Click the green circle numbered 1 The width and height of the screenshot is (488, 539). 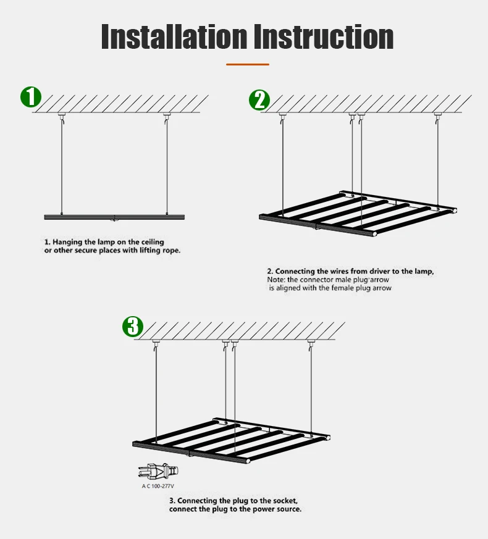[31, 97]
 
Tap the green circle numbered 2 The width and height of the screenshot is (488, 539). [259, 100]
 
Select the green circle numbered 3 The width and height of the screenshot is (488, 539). [133, 327]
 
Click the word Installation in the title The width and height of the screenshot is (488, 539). [174, 37]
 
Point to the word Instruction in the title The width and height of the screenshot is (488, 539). [324, 37]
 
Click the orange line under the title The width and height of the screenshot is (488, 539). [248, 64]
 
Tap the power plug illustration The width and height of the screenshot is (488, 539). [159, 471]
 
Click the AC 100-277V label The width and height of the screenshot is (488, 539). [158, 486]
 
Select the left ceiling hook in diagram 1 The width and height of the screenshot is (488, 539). [62, 116]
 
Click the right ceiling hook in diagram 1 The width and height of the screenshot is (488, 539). [167, 116]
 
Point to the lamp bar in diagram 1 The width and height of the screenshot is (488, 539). [114, 217]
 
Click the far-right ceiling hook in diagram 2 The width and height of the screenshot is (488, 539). [437, 116]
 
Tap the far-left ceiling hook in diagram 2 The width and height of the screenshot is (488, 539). [282, 116]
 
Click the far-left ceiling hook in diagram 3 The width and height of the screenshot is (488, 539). [156, 343]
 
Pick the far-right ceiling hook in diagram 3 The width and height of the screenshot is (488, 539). [311, 343]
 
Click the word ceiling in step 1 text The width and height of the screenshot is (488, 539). [153, 242]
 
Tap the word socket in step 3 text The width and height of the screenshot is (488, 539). [285, 501]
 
